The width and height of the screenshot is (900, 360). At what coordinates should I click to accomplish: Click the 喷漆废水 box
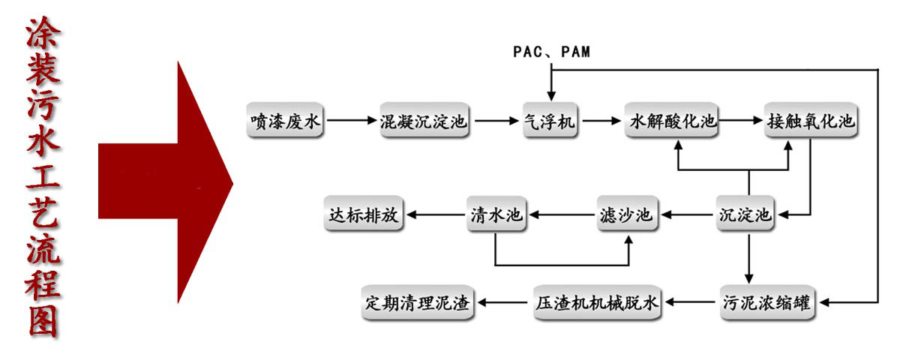[x=286, y=120]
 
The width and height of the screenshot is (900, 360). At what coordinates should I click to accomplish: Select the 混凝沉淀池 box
[x=424, y=120]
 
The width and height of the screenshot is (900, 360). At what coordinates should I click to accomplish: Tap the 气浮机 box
[x=551, y=120]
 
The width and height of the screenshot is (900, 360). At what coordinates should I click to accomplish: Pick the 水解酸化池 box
[x=672, y=120]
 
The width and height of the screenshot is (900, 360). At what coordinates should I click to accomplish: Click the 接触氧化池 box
[x=810, y=120]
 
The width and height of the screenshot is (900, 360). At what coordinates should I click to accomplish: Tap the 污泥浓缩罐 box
[x=766, y=303]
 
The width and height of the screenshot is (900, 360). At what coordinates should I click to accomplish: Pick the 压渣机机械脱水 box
[x=598, y=303]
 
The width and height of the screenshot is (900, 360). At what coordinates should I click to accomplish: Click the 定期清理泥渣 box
[x=417, y=303]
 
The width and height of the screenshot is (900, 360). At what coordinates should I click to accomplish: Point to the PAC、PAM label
[x=551, y=52]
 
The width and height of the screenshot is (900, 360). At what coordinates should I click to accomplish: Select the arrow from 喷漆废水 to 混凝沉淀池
[x=350, y=120]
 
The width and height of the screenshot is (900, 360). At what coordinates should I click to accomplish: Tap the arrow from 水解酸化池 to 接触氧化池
[x=740, y=120]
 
